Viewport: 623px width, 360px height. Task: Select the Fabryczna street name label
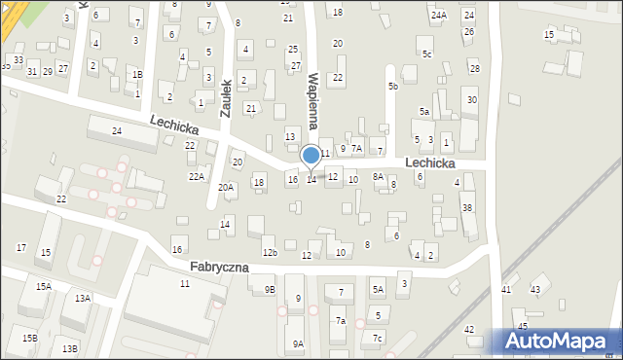220,266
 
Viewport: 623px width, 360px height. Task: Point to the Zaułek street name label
225,97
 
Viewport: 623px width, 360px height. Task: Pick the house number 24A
439,15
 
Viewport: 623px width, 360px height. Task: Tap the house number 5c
426,54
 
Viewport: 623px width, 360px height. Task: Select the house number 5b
393,87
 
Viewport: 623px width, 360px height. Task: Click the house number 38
467,208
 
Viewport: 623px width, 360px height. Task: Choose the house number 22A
197,176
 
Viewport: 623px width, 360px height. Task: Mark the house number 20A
226,187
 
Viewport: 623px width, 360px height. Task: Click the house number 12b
270,253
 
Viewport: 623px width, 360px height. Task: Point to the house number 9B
270,289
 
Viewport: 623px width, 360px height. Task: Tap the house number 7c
377,338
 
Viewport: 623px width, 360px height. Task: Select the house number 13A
83,298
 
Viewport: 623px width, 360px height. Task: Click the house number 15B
30,338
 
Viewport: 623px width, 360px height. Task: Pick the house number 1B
137,75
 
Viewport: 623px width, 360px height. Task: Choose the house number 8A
378,176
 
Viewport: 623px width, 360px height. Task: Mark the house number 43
534,290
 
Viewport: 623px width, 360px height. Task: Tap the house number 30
472,100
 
